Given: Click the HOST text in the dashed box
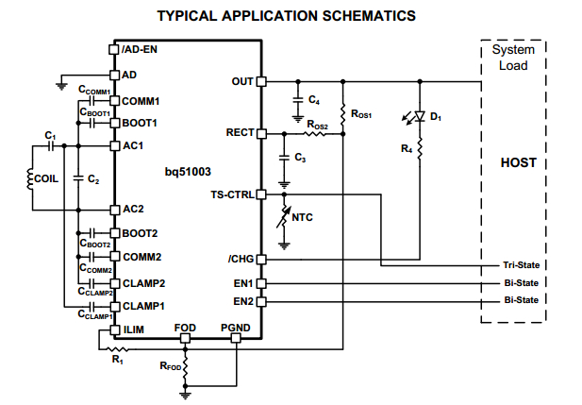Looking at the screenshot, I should click(518, 162).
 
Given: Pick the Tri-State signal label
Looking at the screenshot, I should click(521, 265).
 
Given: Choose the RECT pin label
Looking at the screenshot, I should click(239, 133).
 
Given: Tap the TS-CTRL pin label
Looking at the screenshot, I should click(232, 194).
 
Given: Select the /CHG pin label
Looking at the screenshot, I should click(239, 259).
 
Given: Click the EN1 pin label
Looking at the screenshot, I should click(242, 282).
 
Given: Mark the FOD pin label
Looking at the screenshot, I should click(186, 327).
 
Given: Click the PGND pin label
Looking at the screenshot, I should click(236, 327).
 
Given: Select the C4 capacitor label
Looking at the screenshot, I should click(314, 99).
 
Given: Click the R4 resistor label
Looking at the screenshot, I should click(406, 148).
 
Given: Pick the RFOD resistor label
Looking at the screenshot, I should click(170, 365).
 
